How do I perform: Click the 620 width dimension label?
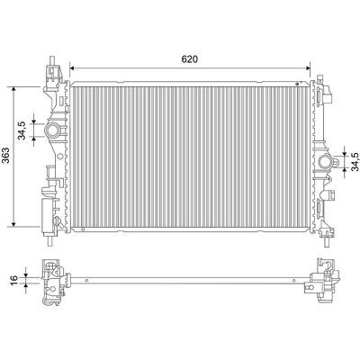190,59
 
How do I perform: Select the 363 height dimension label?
6,156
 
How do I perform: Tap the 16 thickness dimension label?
13,279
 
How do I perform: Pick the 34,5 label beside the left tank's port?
22,130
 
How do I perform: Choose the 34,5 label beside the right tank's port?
355,161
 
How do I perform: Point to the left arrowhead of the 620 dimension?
72,68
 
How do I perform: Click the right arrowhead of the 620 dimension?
308,68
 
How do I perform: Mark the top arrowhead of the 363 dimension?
13,89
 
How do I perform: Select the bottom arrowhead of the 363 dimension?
13,224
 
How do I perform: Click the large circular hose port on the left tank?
52,130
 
